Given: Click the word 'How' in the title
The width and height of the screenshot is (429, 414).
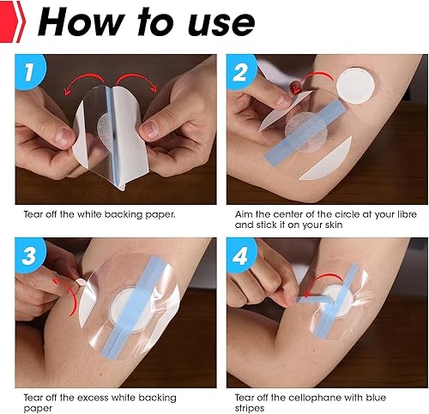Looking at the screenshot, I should point(76,22).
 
